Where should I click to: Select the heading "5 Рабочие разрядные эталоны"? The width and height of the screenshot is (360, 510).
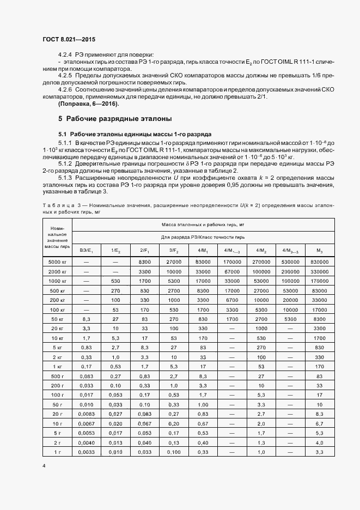(x=115, y=118)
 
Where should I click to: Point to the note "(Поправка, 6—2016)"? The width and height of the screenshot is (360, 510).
(x=88, y=104)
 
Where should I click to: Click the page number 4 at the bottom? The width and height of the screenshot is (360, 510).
(x=44, y=466)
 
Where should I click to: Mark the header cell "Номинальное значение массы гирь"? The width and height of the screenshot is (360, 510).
(x=57, y=237)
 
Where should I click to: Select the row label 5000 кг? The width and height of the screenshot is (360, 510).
(x=57, y=262)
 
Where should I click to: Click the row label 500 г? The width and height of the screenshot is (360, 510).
(x=57, y=377)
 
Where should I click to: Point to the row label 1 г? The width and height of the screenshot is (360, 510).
(x=57, y=453)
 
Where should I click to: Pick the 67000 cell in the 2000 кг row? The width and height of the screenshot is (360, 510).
(x=232, y=271)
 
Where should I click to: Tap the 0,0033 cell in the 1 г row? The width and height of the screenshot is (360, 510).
(x=87, y=453)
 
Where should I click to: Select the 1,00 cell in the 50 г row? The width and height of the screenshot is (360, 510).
(x=203, y=405)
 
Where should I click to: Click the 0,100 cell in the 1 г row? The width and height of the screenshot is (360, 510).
(x=173, y=453)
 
